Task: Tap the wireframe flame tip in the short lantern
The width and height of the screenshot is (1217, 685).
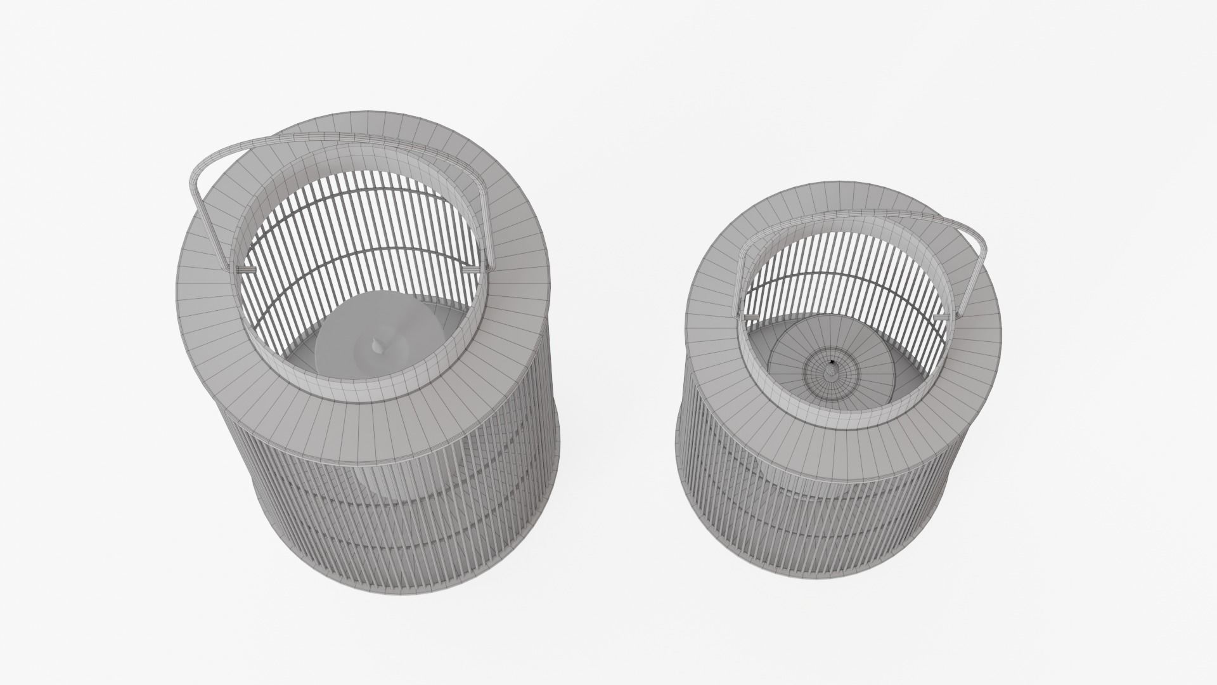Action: point(831,365)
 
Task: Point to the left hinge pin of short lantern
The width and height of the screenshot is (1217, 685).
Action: point(752,315)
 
